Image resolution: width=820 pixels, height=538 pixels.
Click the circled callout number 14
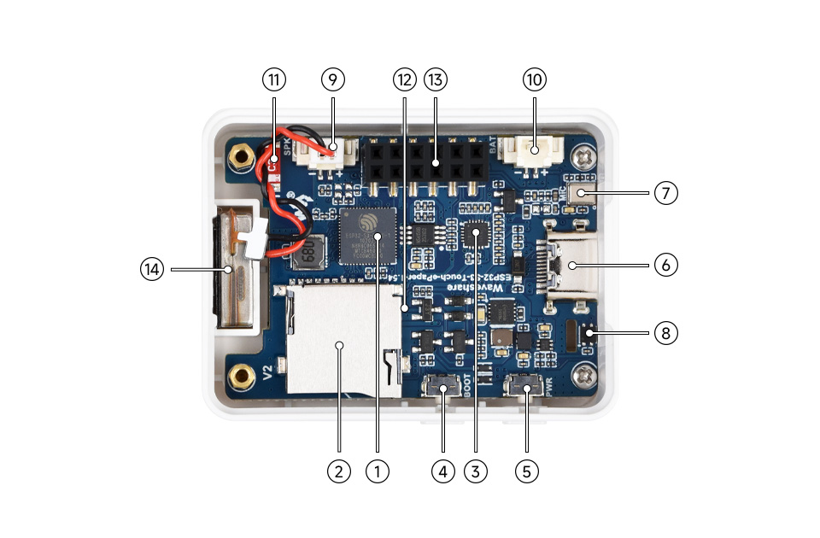(x=152, y=269)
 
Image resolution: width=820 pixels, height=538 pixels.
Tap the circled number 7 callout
(x=666, y=193)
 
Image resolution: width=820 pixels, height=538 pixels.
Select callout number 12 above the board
(x=404, y=80)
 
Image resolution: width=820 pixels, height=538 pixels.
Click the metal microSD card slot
(x=340, y=342)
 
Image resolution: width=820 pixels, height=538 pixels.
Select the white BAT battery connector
(x=535, y=152)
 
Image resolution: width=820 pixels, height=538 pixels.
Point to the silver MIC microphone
(x=582, y=193)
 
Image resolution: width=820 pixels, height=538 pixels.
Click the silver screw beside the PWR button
(x=585, y=373)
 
